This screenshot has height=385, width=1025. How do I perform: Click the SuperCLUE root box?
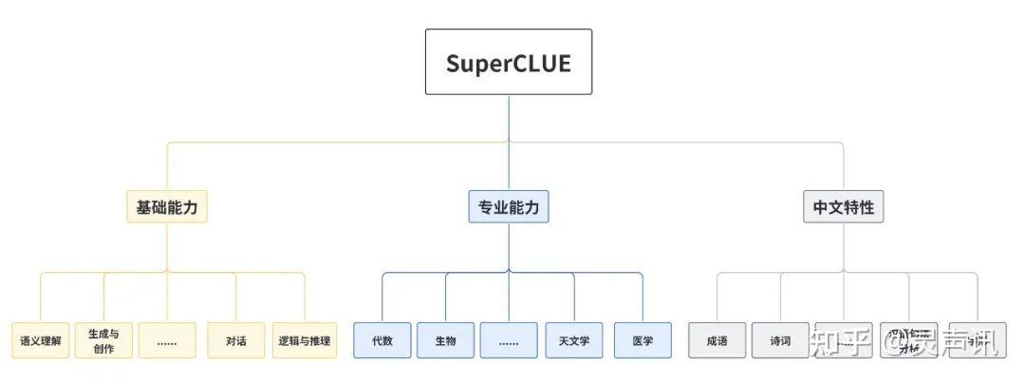click(508, 62)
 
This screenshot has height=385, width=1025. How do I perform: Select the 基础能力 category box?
click(167, 206)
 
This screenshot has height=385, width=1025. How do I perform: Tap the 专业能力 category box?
click(508, 206)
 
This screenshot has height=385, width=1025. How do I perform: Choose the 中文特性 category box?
click(843, 206)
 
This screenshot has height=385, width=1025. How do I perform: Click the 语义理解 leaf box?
click(40, 340)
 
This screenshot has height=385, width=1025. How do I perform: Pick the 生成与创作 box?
click(103, 340)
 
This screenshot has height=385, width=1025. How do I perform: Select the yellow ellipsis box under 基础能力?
click(167, 340)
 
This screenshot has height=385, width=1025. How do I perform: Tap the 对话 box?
click(236, 340)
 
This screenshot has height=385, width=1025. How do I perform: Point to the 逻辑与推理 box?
click(305, 340)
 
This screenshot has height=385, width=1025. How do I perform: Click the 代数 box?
click(382, 340)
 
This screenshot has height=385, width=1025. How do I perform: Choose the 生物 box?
click(445, 340)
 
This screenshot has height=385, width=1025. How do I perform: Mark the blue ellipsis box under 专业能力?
click(509, 340)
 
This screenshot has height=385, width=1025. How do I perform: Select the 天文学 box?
click(574, 340)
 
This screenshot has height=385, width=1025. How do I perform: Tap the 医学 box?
click(643, 340)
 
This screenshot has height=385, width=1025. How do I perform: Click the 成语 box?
click(717, 340)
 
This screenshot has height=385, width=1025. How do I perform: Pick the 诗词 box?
click(780, 340)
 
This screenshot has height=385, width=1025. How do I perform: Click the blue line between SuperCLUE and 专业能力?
click(509, 143)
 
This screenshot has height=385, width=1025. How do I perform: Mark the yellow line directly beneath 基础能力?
click(167, 247)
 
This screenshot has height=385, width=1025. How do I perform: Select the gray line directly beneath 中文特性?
click(843, 247)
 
